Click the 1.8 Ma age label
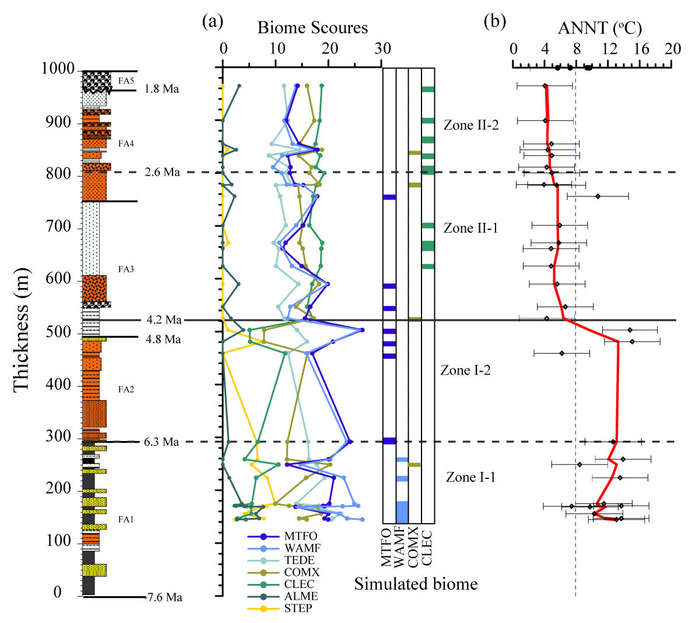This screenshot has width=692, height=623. click(163, 89)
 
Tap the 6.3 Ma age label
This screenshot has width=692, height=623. click(161, 442)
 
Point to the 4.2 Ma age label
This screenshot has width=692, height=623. click(164, 320)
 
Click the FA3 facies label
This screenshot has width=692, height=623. click(126, 269)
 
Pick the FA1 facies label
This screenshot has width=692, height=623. click(126, 520)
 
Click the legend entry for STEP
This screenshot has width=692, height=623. click(298, 609)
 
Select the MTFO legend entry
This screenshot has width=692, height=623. click(301, 537)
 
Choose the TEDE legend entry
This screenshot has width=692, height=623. click(299, 561)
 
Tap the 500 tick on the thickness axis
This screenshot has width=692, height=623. click(61, 332)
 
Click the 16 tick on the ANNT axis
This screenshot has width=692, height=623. click(641, 48)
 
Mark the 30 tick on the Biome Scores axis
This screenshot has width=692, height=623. click(382, 48)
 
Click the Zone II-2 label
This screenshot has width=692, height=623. click(471, 125)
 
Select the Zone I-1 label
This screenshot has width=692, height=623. click(471, 478)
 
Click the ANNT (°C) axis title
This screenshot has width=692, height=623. click(600, 28)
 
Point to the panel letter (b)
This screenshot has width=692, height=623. click(495, 22)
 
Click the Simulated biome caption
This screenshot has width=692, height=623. click(416, 584)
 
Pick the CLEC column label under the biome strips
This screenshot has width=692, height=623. click(427, 547)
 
